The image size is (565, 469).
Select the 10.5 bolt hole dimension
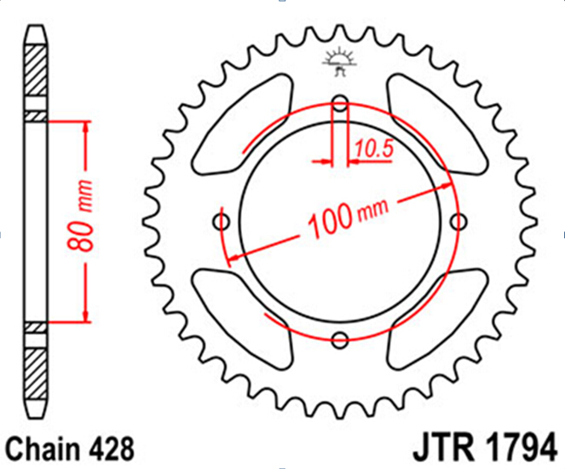(374, 149)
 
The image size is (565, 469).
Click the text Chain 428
(70, 449)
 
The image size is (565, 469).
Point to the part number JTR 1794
(485, 447)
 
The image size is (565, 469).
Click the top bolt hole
(340, 104)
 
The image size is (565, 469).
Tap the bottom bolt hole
(340, 340)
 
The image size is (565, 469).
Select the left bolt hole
(222, 221)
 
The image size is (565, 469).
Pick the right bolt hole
(458, 221)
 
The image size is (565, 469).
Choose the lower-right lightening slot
(436, 319)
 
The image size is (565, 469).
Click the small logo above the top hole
(339, 63)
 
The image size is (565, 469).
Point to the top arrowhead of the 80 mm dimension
(86, 127)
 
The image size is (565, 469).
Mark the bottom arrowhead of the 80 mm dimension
(86, 317)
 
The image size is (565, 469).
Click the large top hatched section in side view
(36, 70)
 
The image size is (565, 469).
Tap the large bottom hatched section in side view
(36, 374)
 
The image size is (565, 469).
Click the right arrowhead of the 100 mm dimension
(446, 186)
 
